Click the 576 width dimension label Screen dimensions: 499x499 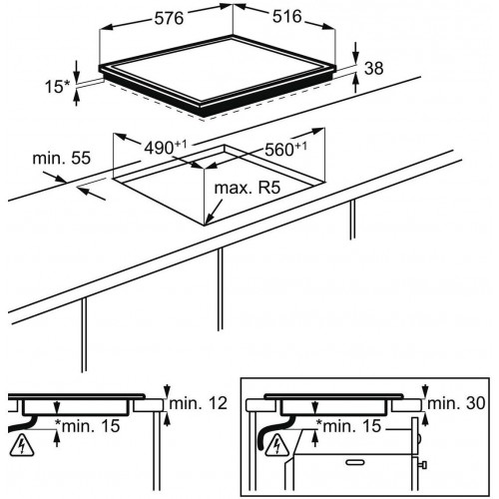click(x=169, y=18)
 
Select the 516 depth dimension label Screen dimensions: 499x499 click(x=286, y=16)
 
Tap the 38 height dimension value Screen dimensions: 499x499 click(x=374, y=68)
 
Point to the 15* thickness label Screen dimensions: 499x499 click(x=58, y=87)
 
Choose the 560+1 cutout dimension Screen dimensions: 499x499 click(x=285, y=150)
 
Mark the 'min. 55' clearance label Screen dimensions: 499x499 click(x=62, y=159)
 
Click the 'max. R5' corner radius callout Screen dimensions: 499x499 click(x=248, y=188)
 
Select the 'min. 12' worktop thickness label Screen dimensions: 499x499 click(x=199, y=403)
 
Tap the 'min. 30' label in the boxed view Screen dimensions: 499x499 click(x=456, y=403)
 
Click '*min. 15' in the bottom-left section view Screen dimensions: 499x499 click(x=87, y=426)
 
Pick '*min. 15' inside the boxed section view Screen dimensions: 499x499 click(x=348, y=426)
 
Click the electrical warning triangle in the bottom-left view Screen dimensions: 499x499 click(x=22, y=445)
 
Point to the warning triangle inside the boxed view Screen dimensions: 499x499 click(x=277, y=445)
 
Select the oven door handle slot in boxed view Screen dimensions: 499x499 click(x=355, y=462)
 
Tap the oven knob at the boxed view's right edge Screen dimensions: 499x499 click(x=422, y=465)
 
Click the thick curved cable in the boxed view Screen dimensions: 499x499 click(x=271, y=429)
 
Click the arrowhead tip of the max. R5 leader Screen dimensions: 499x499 click(x=206, y=225)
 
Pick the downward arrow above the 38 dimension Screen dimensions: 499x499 click(x=356, y=53)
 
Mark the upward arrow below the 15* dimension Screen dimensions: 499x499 click(x=77, y=98)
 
